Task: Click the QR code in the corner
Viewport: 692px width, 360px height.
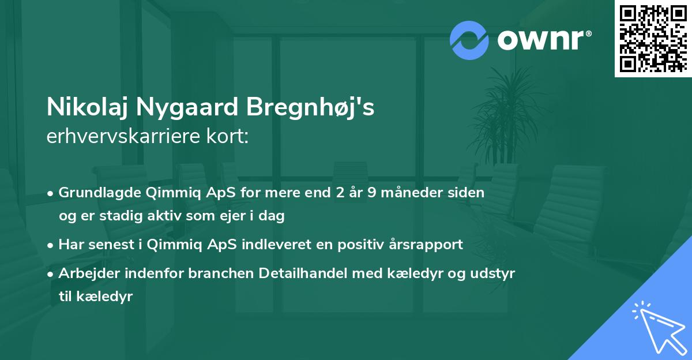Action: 653,39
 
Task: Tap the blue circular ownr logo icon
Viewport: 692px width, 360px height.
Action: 469,40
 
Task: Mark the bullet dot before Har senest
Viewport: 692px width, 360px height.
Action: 51,245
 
